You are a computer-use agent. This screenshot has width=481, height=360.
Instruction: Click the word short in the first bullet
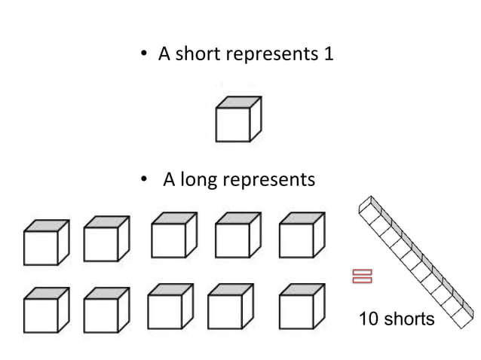coord(198,55)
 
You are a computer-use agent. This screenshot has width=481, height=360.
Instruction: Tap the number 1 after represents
coord(328,55)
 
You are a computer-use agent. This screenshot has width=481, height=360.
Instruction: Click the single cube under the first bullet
coord(238,119)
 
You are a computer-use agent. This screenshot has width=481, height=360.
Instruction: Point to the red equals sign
coord(362,276)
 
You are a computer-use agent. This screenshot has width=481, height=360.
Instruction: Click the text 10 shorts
coord(397,319)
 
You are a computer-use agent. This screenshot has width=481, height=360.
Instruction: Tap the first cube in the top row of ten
coord(46,243)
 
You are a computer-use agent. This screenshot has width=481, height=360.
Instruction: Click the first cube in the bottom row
coord(46,310)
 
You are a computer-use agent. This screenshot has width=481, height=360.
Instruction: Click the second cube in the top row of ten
coord(106,240)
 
